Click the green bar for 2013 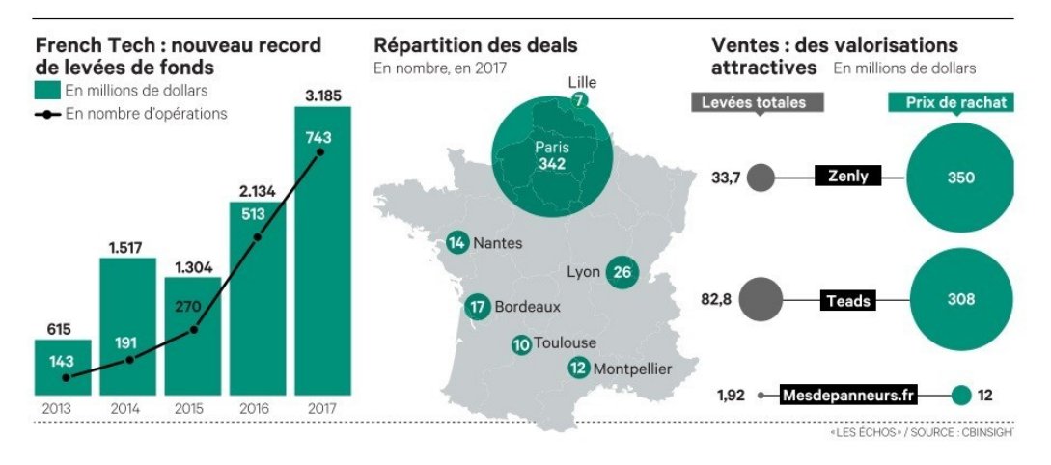click(64, 367)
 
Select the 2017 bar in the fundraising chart click(322, 251)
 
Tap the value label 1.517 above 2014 click(127, 247)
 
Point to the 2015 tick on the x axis click(193, 409)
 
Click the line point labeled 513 click(257, 236)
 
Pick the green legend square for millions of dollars click(48, 91)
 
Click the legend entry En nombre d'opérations click(146, 114)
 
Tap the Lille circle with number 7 click(579, 99)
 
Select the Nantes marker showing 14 click(457, 243)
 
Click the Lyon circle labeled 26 click(622, 272)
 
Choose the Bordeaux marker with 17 click(478, 308)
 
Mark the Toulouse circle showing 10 click(522, 343)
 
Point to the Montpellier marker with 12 click(579, 368)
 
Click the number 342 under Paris click(552, 164)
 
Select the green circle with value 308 click(960, 300)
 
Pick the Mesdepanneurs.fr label click(848, 395)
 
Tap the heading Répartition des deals click(476, 45)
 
